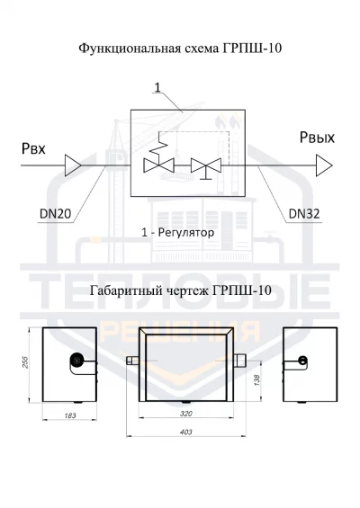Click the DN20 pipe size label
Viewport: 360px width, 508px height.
coord(55,214)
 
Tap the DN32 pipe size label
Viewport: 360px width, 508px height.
coord(304,214)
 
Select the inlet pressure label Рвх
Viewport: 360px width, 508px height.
coord(33,149)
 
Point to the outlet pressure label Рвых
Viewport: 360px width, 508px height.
coord(317,138)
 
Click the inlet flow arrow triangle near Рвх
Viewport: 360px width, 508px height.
coord(73,165)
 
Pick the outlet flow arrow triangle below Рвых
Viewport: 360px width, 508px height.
coord(324,165)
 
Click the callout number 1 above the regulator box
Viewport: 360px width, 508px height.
coord(157,87)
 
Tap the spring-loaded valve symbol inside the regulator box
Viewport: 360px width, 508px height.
coord(158,157)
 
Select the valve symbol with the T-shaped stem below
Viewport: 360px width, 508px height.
coord(206,168)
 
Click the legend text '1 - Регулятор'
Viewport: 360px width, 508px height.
coord(177,233)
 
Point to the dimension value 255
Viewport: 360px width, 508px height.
coord(25,362)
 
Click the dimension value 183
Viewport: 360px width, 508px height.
coord(70,415)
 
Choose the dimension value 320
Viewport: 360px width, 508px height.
coord(185,414)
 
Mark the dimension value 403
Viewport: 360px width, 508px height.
coord(185,432)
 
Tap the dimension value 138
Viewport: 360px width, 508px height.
coord(256,379)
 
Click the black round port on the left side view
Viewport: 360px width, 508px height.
coord(76,360)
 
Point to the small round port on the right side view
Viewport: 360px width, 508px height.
coord(302,360)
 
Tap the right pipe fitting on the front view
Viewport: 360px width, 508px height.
coord(239,361)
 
